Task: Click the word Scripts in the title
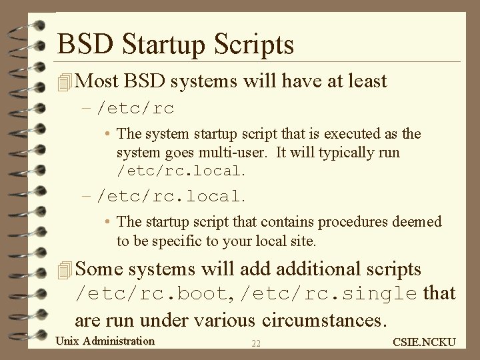[x=257, y=45]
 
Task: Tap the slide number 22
[x=256, y=343]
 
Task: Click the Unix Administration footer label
[x=105, y=341]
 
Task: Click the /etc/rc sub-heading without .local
[x=136, y=108]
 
